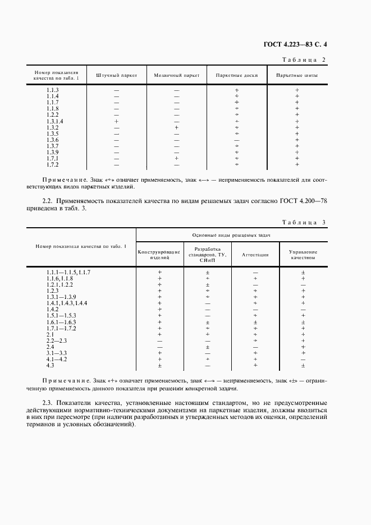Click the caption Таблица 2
tap(305, 59)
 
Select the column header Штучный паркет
tap(116, 75)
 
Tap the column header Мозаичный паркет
tap(176, 75)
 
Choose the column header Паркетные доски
tap(236, 75)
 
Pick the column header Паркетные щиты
tap(297, 75)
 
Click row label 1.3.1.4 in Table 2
tap(54, 121)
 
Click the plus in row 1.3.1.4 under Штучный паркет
tap(116, 121)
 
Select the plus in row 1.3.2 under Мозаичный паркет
tap(176, 127)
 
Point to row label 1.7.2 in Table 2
tap(53, 164)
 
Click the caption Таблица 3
tap(305, 223)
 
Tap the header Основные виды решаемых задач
tap(231, 236)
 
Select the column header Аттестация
tap(255, 255)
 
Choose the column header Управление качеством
tap(303, 255)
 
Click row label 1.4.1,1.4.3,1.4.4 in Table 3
tap(67, 303)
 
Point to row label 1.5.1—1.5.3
tap(61, 316)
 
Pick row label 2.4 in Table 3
tap(50, 347)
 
